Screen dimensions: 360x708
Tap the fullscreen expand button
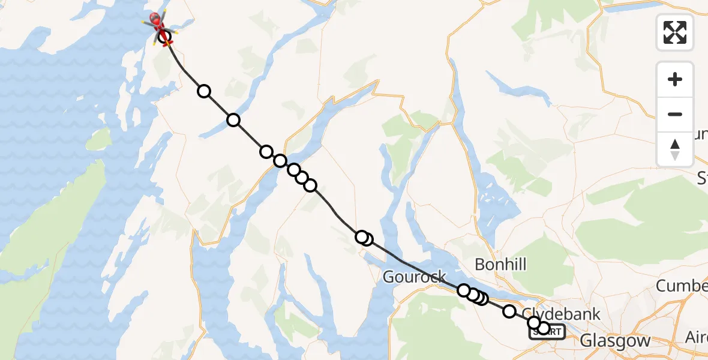675,32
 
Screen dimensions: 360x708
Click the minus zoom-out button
675,114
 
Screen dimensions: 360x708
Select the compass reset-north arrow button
675,149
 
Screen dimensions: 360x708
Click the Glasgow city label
615,341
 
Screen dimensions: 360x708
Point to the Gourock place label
414,277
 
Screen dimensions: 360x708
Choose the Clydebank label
561,314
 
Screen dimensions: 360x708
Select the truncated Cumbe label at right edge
682,286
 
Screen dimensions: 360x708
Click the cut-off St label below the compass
701,178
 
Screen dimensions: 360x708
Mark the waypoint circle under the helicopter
164,37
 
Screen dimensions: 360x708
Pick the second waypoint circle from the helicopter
204,91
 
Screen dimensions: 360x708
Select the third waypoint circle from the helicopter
233,120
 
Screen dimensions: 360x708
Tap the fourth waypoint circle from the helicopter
266,151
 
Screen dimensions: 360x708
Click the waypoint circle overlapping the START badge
544,328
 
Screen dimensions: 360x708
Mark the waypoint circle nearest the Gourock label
464,290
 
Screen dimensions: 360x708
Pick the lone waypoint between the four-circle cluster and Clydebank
509,311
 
